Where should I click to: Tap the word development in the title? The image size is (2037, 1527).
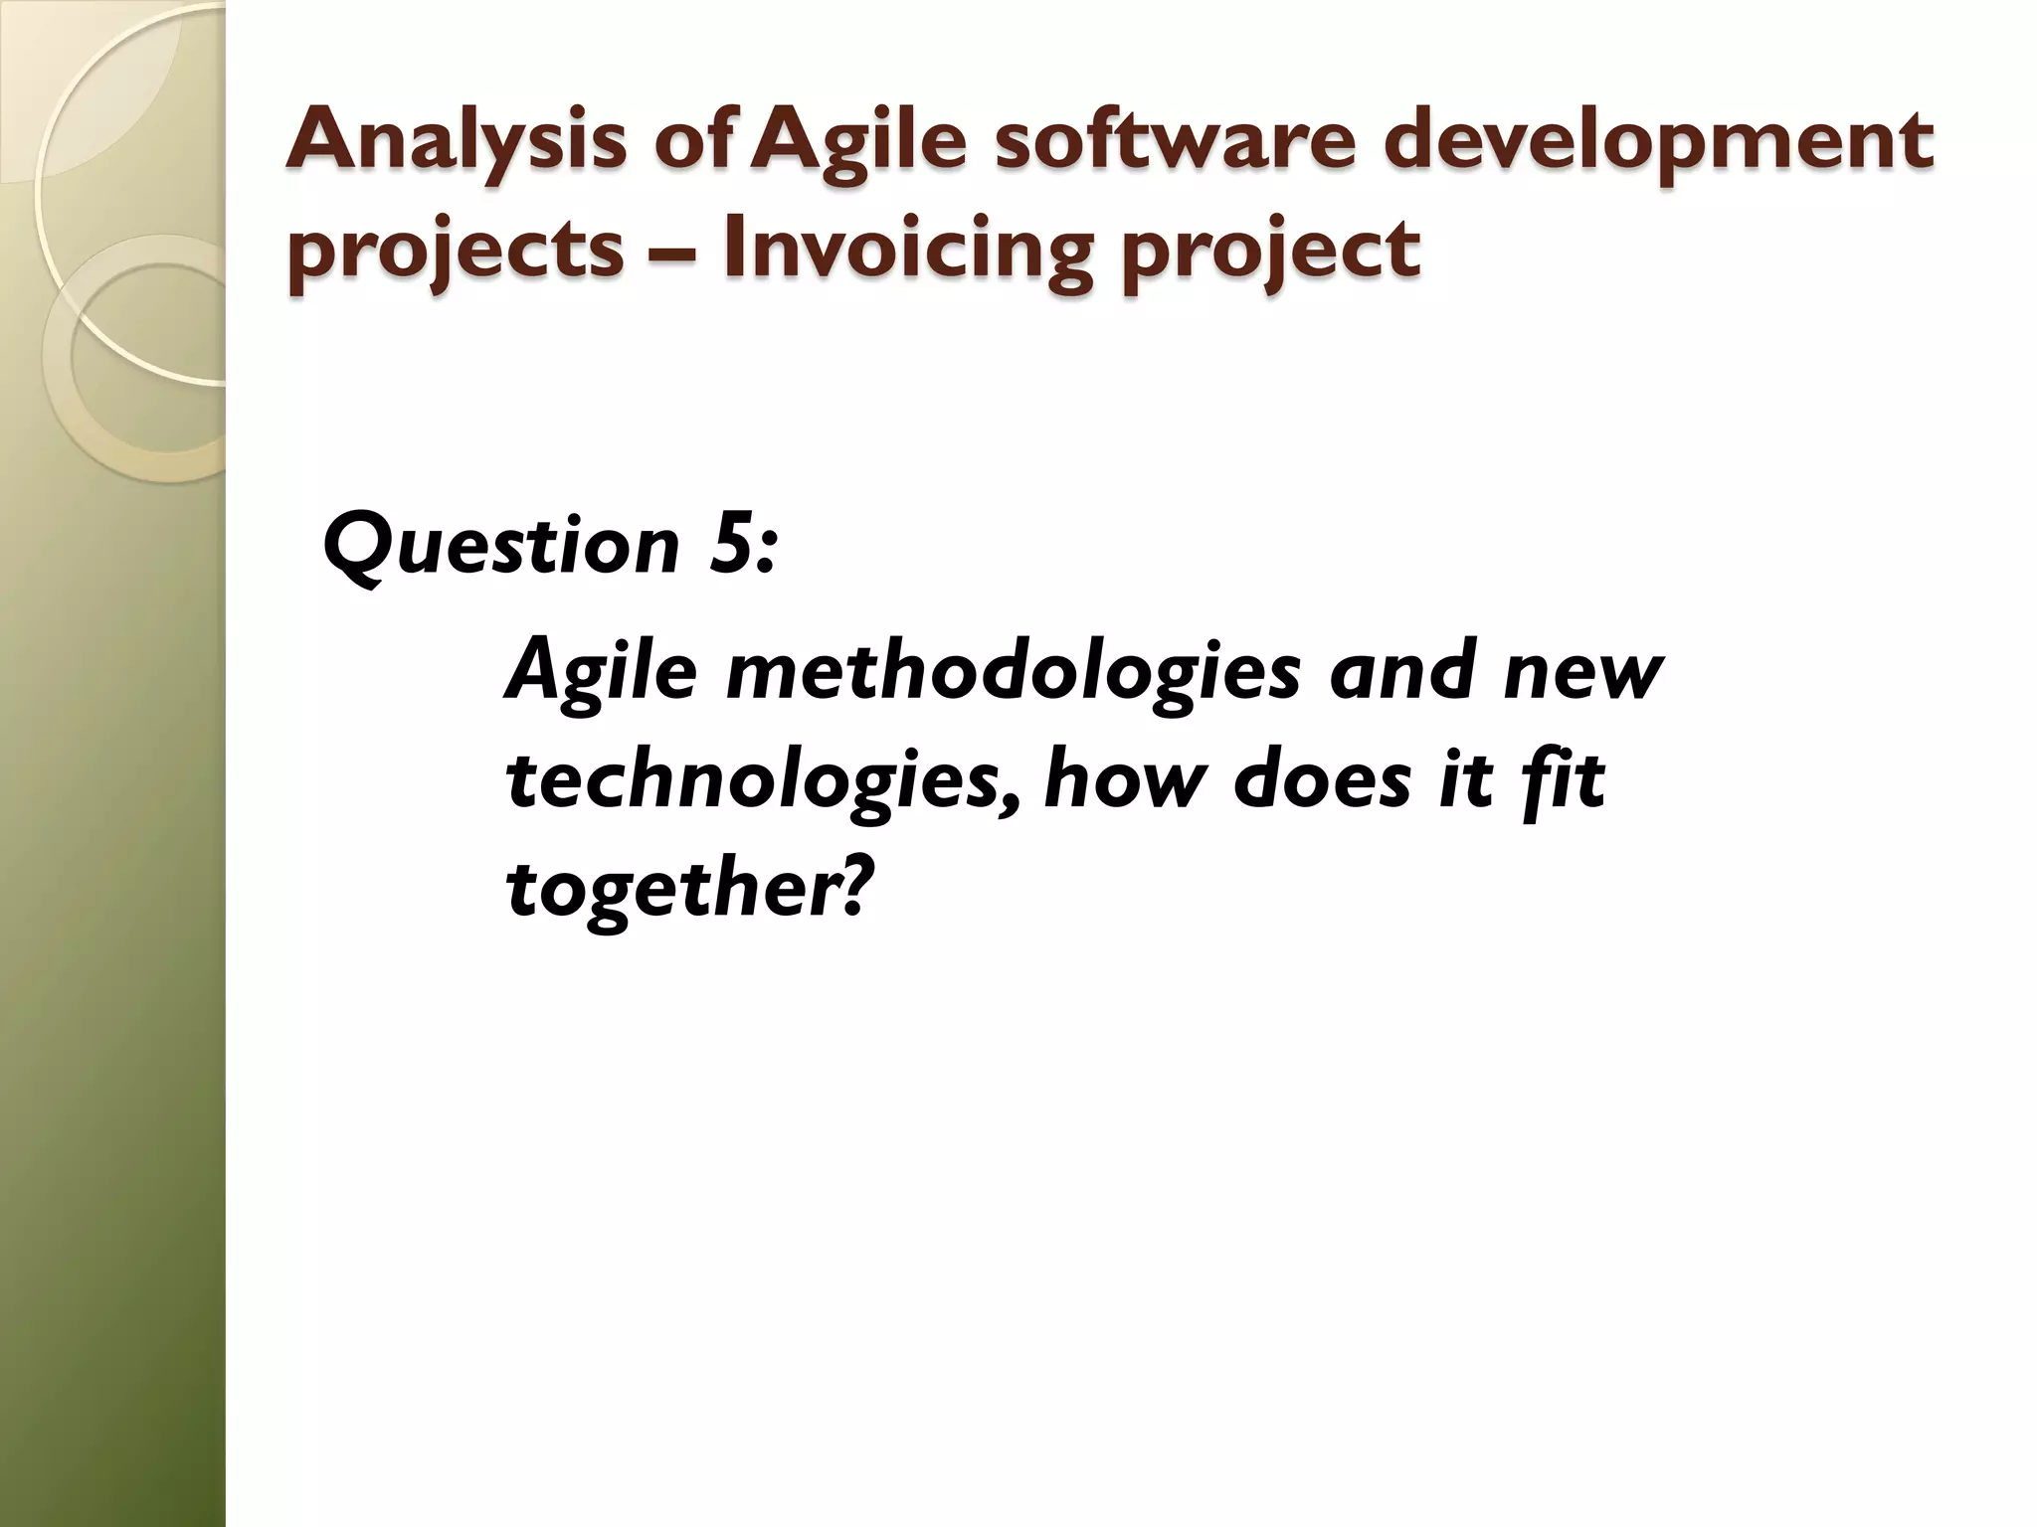click(1658, 142)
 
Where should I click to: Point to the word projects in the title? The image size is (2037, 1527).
click(456, 251)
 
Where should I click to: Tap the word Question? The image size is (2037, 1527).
click(501, 547)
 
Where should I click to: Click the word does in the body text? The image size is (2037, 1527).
click(1321, 779)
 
